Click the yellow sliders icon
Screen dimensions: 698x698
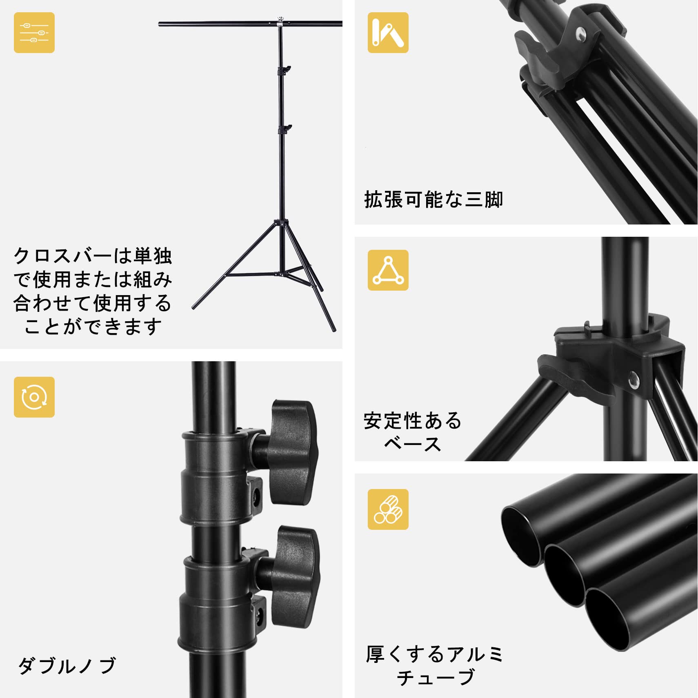(x=34, y=33)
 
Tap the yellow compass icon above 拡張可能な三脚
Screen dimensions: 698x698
(x=388, y=33)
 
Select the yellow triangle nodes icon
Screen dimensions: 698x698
(x=388, y=270)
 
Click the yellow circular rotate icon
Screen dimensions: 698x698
(x=34, y=397)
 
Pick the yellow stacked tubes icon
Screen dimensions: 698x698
(x=388, y=509)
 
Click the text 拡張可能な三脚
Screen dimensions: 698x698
(x=433, y=200)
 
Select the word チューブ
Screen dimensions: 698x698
(x=436, y=678)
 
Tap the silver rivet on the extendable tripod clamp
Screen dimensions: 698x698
(x=580, y=34)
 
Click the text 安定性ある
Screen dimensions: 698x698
(x=413, y=421)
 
